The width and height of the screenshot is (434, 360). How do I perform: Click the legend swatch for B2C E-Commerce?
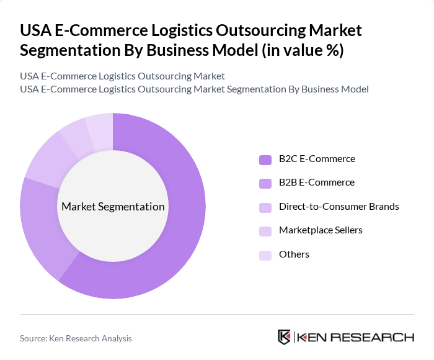point(265,160)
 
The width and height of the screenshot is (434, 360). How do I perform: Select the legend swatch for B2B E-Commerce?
point(265,183)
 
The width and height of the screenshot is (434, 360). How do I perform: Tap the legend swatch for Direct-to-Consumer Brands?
point(265,207)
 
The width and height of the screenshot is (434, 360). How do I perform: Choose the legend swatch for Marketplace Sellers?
point(265,231)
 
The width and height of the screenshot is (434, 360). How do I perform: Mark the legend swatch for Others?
point(265,254)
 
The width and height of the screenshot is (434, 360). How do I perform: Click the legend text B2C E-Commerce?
point(317,159)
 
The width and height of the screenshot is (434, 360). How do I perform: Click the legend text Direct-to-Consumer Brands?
point(339,207)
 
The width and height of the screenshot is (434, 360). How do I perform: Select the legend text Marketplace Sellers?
point(321,230)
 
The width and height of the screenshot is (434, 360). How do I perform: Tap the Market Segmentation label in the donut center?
point(113,207)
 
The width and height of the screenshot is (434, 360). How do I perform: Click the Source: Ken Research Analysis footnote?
point(76,338)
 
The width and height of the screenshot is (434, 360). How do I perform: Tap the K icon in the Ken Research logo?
point(285,337)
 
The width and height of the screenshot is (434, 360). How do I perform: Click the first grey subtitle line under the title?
point(122,76)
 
